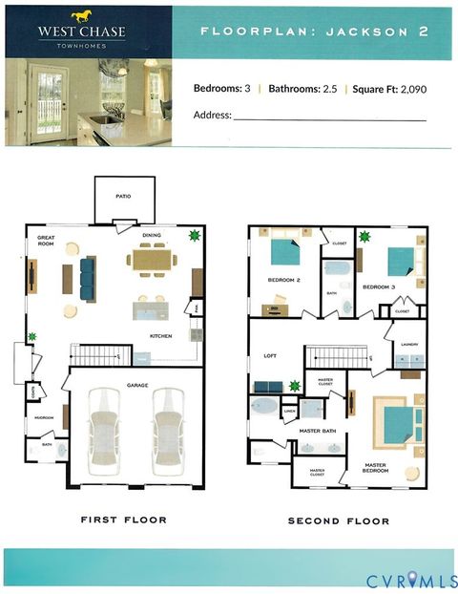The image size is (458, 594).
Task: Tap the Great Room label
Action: tap(46, 241)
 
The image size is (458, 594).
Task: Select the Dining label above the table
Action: tap(152, 235)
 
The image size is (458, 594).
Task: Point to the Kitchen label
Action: tap(160, 336)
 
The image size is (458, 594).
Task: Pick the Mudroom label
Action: tap(43, 417)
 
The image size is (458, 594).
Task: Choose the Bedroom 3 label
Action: tap(379, 286)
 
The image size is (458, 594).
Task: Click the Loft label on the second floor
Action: tap(269, 355)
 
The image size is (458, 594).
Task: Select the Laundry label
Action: tap(410, 345)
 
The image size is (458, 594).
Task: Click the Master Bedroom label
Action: tap(375, 469)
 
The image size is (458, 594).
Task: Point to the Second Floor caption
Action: tap(339, 520)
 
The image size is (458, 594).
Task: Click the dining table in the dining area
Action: tap(152, 260)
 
